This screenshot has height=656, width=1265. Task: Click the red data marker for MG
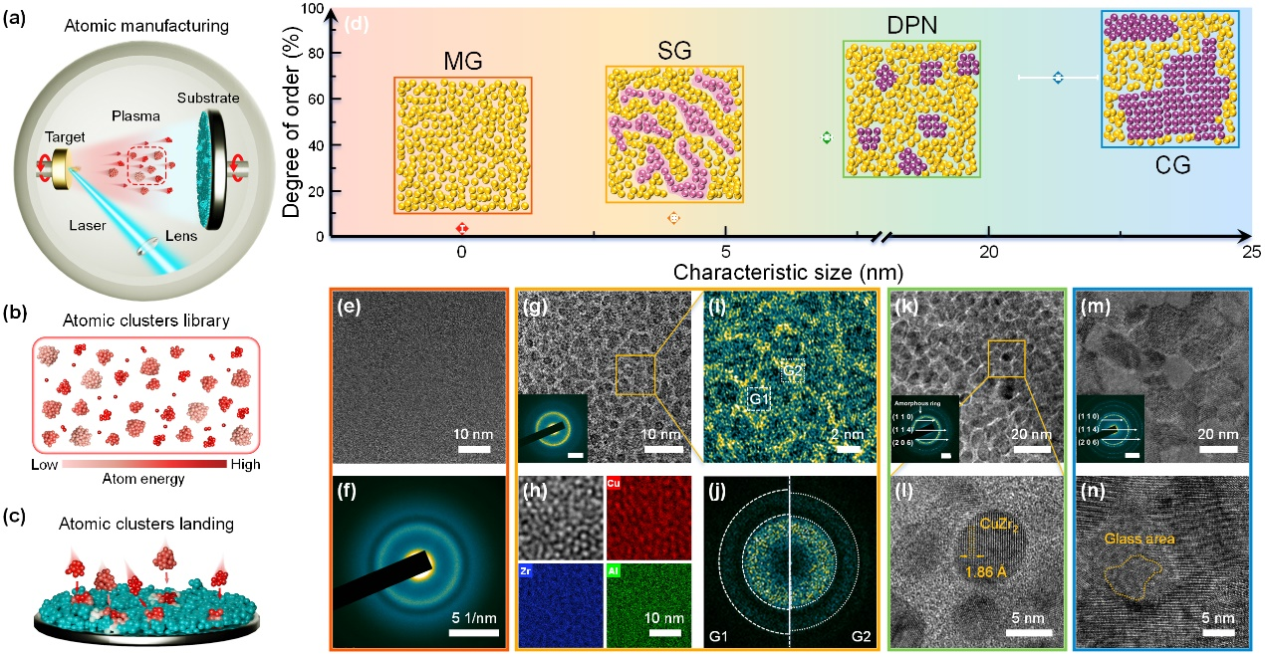point(461,228)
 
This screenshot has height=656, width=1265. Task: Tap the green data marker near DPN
point(825,137)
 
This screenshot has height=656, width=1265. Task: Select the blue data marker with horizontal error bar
point(1058,77)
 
